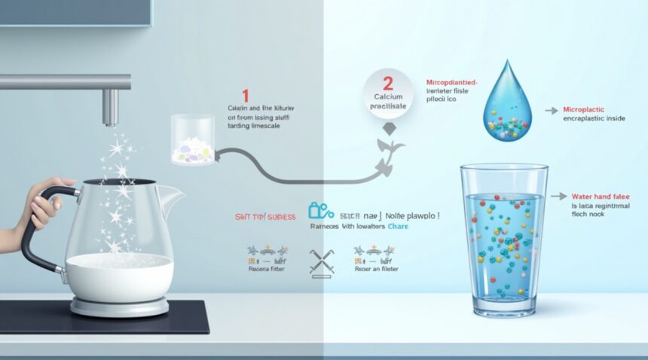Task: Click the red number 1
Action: coord(244,96)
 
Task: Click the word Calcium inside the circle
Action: coord(387,96)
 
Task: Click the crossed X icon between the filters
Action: coord(321,261)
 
